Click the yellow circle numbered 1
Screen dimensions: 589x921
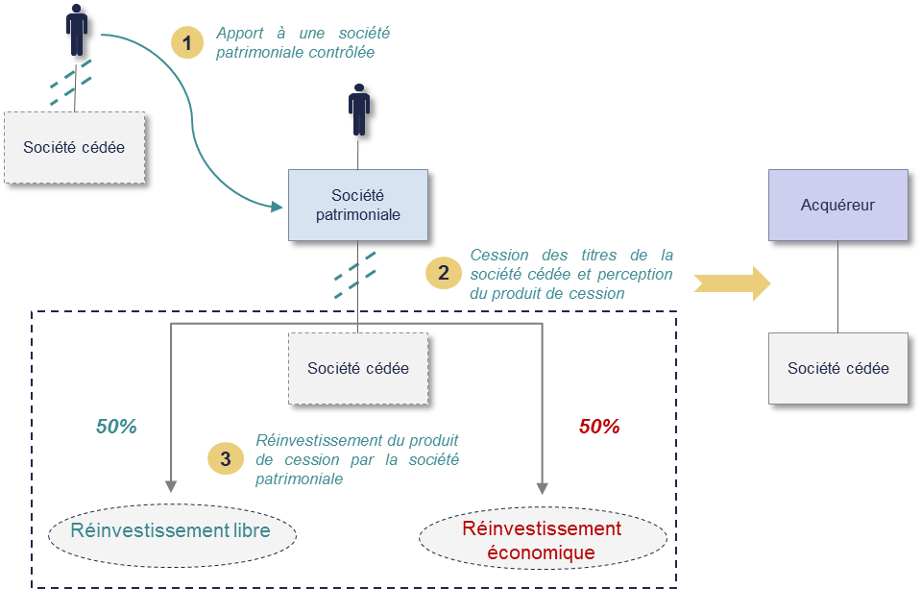click(x=187, y=42)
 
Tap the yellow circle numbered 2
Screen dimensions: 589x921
click(x=443, y=273)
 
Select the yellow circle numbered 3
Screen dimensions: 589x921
click(x=225, y=458)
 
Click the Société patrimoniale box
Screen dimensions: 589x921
click(x=358, y=205)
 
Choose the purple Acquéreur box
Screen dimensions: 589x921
click(x=837, y=205)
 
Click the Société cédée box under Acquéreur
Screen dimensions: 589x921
click(x=837, y=368)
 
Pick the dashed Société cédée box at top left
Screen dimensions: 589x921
click(x=74, y=147)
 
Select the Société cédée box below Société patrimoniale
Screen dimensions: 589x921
click(x=358, y=368)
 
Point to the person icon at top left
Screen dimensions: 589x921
click(x=77, y=30)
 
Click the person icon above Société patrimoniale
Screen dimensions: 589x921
click(x=359, y=110)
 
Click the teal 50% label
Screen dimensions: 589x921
click(x=116, y=427)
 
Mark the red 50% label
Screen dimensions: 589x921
click(x=599, y=427)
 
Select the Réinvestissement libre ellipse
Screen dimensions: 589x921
click(x=170, y=531)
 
